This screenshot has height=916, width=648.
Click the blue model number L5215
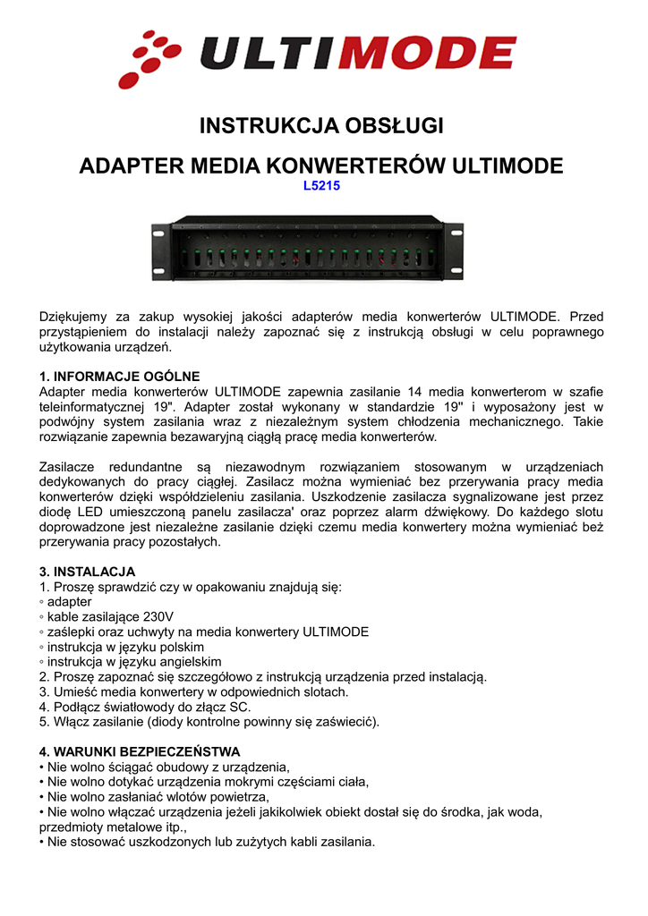click(322, 187)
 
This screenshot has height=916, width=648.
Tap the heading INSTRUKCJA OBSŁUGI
click(321, 126)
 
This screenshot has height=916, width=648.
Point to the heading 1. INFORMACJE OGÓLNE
click(120, 377)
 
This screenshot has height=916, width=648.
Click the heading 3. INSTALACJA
click(87, 572)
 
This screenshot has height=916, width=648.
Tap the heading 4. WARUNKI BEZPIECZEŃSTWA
click(140, 752)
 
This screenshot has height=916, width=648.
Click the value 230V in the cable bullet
click(158, 617)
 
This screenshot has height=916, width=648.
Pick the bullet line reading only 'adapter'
click(69, 602)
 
